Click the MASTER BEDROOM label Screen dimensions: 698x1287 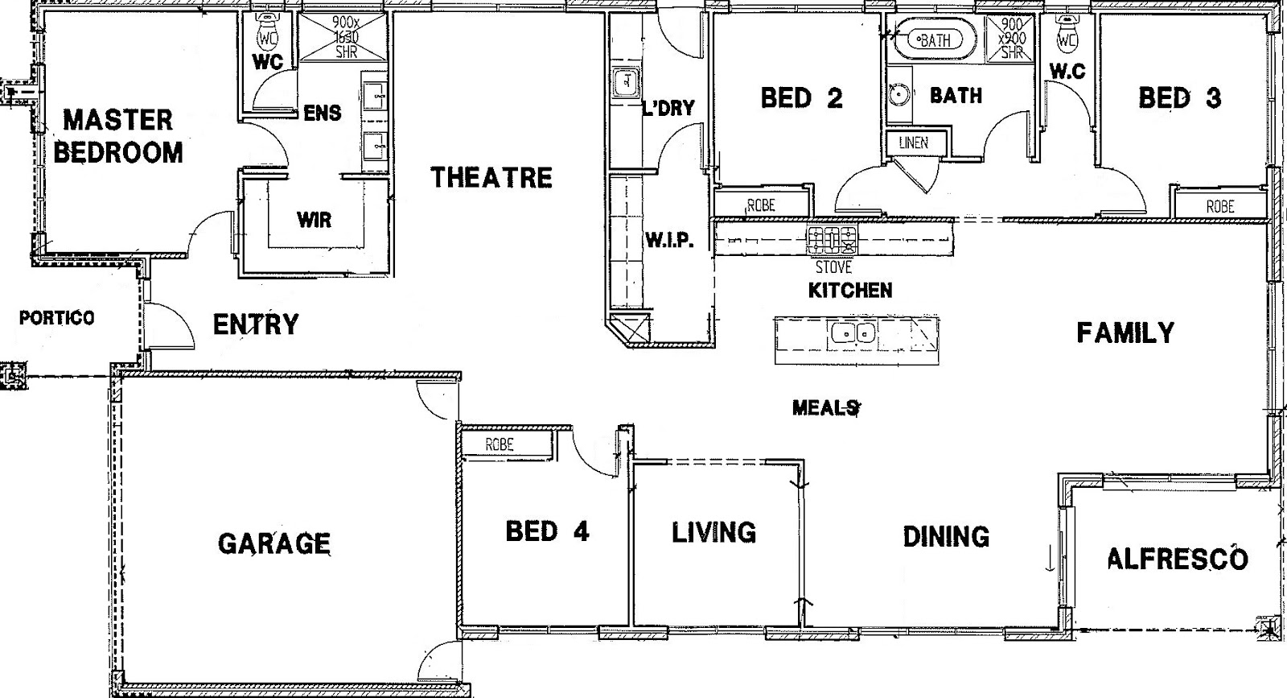(x=118, y=136)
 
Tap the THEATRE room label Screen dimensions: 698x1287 (x=491, y=177)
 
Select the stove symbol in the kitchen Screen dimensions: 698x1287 (x=833, y=239)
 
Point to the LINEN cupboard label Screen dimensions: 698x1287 (x=913, y=143)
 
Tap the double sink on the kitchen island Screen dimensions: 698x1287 (x=853, y=332)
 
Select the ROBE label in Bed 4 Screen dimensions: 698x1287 (x=500, y=444)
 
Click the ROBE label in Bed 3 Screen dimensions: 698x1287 (x=1219, y=207)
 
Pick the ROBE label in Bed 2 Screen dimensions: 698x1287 (x=760, y=205)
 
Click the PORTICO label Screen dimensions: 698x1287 (x=56, y=318)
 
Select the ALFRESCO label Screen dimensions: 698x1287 (x=1178, y=559)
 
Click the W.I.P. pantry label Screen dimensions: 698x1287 (x=668, y=240)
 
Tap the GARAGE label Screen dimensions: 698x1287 (x=274, y=543)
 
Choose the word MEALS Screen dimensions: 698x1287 (x=825, y=408)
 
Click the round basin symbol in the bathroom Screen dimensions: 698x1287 (x=899, y=94)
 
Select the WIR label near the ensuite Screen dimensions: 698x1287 (x=314, y=219)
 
